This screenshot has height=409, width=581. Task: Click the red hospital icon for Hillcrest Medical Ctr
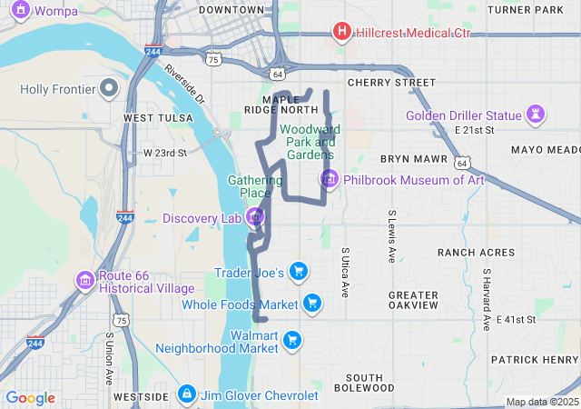pyautogui.click(x=342, y=33)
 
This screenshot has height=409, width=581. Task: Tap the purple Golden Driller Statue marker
pyautogui.click(x=537, y=115)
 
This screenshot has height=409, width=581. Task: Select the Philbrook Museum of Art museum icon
pyautogui.click(x=329, y=180)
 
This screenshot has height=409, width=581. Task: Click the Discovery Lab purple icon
pyautogui.click(x=255, y=217)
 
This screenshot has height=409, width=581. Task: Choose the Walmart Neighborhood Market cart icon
pyautogui.click(x=291, y=340)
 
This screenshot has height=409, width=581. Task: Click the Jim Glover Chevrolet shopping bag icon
pyautogui.click(x=186, y=394)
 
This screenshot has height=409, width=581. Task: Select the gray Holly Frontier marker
pyautogui.click(x=109, y=89)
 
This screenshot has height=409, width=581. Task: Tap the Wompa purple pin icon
pyautogui.click(x=19, y=10)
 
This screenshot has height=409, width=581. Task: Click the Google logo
pyautogui.click(x=30, y=398)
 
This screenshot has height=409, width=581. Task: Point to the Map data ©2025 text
pyautogui.click(x=542, y=402)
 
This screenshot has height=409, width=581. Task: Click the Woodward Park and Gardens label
pyautogui.click(x=310, y=142)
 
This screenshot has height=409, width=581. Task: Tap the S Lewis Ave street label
pyautogui.click(x=391, y=236)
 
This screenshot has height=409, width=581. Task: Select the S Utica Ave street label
pyautogui.click(x=345, y=271)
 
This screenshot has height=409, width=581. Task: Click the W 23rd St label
pyautogui.click(x=164, y=153)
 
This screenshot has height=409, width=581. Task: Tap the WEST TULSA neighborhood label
pyautogui.click(x=158, y=118)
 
